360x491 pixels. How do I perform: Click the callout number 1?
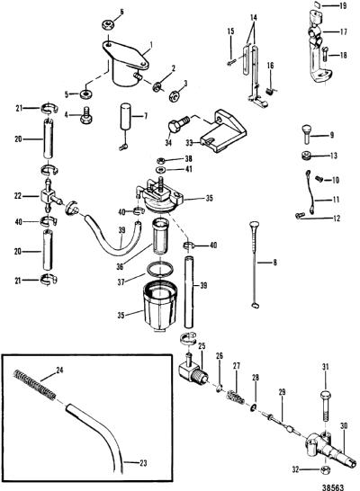[x=151, y=45]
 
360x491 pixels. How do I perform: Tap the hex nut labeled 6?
[x=108, y=24]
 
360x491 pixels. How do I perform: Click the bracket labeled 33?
[x=224, y=131]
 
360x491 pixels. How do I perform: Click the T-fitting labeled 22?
[x=49, y=197]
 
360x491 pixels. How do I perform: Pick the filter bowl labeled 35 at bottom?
[x=159, y=306]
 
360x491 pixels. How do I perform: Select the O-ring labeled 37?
[x=160, y=269]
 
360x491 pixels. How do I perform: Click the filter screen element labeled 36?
[x=160, y=237]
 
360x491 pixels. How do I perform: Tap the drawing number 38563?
[x=333, y=487]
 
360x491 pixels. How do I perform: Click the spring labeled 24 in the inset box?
[x=35, y=386]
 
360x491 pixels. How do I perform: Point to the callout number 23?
[x=143, y=463]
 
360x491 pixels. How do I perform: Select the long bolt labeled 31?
[x=326, y=405]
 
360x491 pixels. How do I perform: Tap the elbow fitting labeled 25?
[x=192, y=368]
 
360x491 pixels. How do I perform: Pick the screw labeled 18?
[x=324, y=55]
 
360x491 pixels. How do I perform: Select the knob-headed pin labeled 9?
[x=307, y=134]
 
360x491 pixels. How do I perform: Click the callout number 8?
[x=274, y=262]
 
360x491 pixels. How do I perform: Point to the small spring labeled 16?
[x=270, y=91]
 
